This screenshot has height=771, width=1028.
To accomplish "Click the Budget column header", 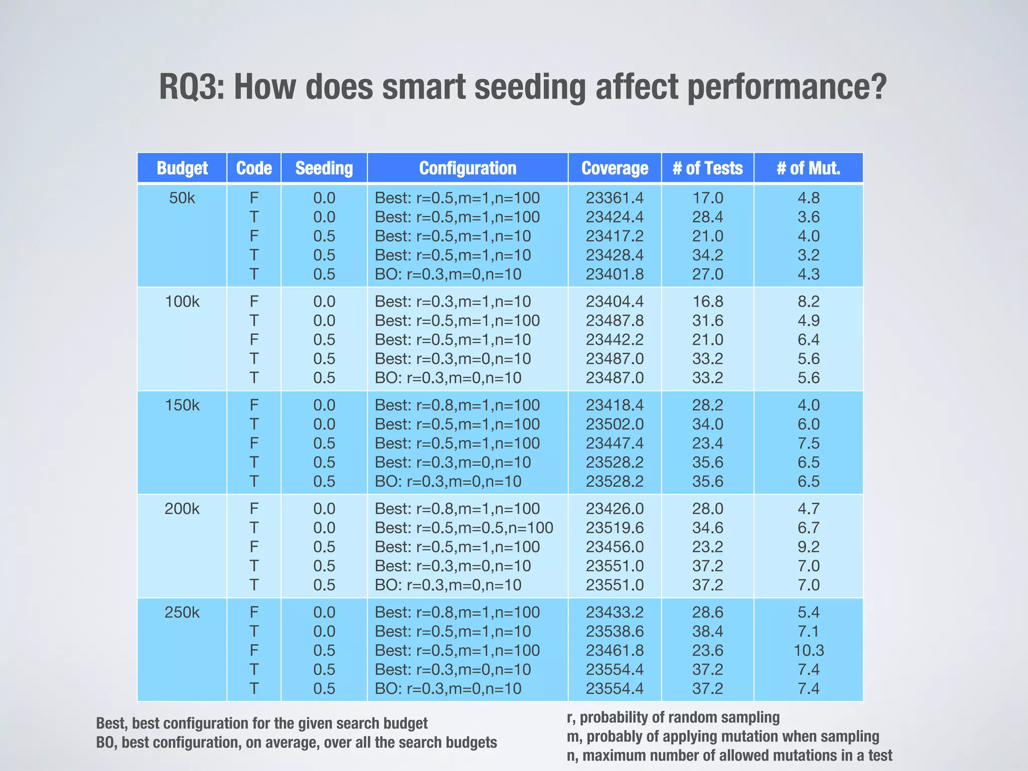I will pyautogui.click(x=182, y=168).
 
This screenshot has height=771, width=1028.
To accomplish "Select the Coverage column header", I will pyautogui.click(x=614, y=168).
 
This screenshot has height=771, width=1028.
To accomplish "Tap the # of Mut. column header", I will pyautogui.click(x=808, y=168).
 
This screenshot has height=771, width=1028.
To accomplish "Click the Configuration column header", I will pyautogui.click(x=467, y=168).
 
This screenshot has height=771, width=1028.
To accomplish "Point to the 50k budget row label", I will pyautogui.click(x=182, y=198).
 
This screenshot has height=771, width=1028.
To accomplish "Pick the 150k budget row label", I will pyautogui.click(x=182, y=405).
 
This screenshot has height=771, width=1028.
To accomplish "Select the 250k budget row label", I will pyautogui.click(x=182, y=612).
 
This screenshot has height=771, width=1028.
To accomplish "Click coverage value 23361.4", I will pyautogui.click(x=614, y=198).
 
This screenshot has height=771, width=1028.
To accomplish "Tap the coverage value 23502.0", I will pyautogui.click(x=614, y=424).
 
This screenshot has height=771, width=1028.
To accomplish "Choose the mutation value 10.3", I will pyautogui.click(x=808, y=651).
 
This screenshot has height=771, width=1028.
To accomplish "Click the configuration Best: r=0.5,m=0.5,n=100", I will pyautogui.click(x=464, y=528).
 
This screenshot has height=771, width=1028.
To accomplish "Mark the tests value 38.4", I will pyautogui.click(x=708, y=631).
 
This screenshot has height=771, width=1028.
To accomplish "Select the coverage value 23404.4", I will pyautogui.click(x=614, y=302).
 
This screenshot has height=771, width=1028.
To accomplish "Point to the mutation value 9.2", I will pyautogui.click(x=808, y=547).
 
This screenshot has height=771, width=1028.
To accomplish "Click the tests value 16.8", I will pyautogui.click(x=708, y=302).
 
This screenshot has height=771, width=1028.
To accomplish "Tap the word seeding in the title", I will pyautogui.click(x=530, y=88).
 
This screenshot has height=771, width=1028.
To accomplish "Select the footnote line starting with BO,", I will pyautogui.click(x=296, y=742).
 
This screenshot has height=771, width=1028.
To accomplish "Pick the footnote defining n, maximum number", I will pyautogui.click(x=729, y=755).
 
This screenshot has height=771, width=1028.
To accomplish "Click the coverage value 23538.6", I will pyautogui.click(x=614, y=631).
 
